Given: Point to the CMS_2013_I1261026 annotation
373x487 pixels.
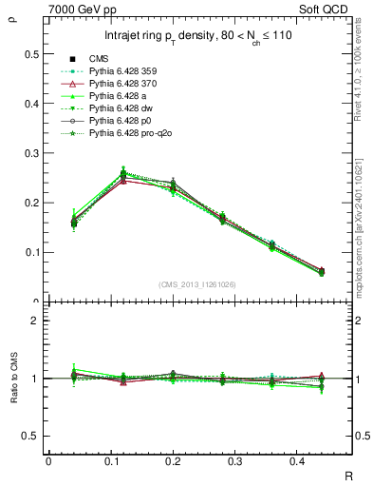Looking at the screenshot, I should tap(196, 284).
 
